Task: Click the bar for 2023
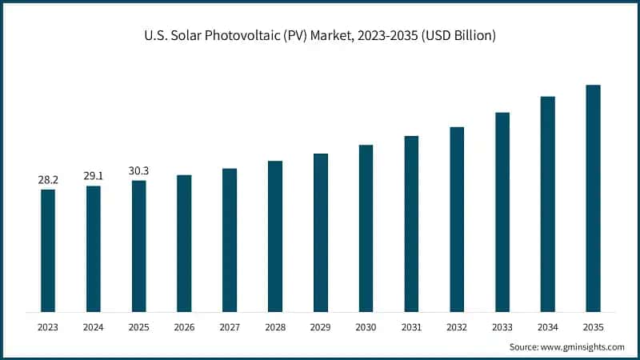[x=48, y=250]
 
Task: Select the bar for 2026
[x=184, y=243]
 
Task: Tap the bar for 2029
[x=321, y=232]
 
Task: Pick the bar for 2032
[x=457, y=219]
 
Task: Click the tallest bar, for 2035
[x=593, y=198]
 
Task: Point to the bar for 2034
[x=548, y=204]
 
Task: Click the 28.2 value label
[x=48, y=180]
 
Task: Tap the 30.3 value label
[x=139, y=170]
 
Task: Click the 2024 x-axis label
[x=94, y=326]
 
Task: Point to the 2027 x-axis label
[x=230, y=326]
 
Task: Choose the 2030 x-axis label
[x=366, y=326]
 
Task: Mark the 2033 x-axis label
[x=502, y=326]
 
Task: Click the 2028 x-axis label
[x=275, y=326]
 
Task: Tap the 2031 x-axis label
[x=411, y=326]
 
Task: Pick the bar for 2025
[x=139, y=246]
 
